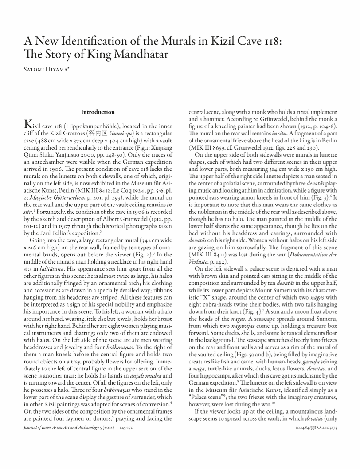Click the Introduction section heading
[x=98, y=112]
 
